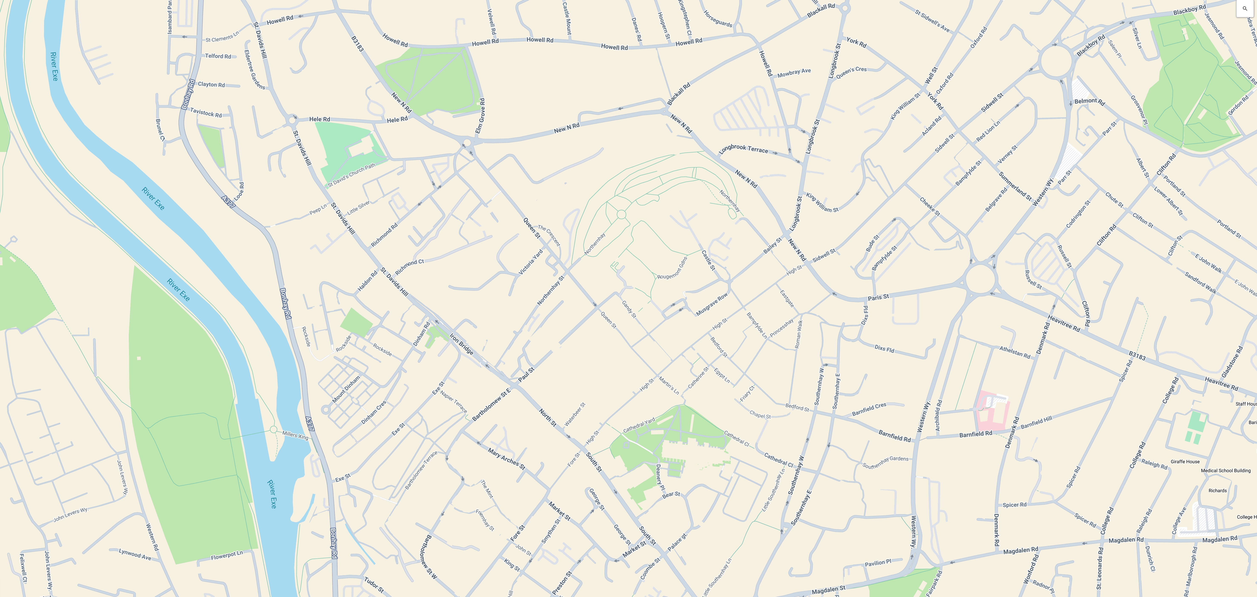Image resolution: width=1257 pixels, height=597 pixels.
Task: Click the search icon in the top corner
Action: (x=1245, y=8)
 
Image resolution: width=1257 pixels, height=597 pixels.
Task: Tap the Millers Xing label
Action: (x=295, y=435)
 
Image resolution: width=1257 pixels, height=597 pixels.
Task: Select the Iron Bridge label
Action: (x=461, y=344)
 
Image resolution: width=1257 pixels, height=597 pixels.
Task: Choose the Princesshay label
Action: (x=781, y=327)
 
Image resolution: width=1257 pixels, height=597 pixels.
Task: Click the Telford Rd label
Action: (x=218, y=56)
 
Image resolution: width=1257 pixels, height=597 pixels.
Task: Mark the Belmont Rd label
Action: (x=1089, y=102)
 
